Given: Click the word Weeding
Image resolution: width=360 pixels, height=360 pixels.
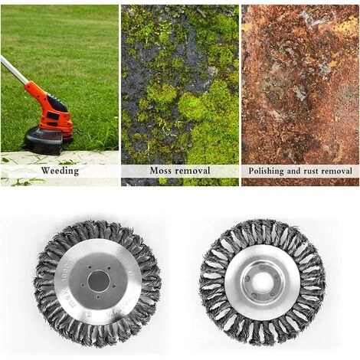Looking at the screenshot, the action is [x=60, y=171].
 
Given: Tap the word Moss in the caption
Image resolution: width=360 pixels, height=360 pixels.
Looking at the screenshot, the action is [x=160, y=171].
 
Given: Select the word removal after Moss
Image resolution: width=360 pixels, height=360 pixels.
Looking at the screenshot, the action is [x=192, y=171].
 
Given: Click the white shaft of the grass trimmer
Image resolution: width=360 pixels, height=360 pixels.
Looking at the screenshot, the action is [x=13, y=70].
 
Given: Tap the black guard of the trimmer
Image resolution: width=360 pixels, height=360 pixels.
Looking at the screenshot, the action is [x=44, y=140].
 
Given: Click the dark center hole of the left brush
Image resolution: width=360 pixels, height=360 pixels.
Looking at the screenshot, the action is [x=98, y=280].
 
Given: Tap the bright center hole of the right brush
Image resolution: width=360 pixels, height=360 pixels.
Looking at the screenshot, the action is [x=262, y=282].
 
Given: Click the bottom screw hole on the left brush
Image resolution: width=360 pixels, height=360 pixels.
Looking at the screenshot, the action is [x=98, y=297].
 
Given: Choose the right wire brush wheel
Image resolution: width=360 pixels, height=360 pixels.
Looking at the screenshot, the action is [x=262, y=282].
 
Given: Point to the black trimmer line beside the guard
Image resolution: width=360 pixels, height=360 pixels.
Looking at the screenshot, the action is [x=78, y=132].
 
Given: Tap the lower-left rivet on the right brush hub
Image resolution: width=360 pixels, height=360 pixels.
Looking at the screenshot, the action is [x=254, y=296].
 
